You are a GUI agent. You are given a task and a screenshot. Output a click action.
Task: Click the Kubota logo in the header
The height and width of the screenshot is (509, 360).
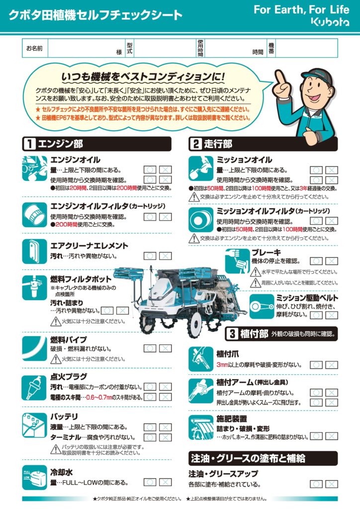[x=331, y=22]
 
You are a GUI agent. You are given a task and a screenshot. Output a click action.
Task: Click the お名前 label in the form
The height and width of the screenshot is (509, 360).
[x=34, y=48]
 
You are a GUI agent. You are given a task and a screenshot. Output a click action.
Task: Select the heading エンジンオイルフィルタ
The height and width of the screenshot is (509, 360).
[x=90, y=206]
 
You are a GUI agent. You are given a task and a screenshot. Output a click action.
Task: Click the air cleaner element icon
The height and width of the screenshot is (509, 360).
[x=34, y=251]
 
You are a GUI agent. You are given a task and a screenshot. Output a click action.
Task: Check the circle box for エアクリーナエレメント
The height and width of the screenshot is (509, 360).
[x=150, y=256]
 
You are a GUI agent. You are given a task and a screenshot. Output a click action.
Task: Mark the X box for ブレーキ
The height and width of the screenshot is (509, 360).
[x=332, y=261]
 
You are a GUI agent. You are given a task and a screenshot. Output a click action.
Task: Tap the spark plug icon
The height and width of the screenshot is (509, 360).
[x=34, y=388]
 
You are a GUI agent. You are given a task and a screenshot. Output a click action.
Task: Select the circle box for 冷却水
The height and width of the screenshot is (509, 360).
[x=150, y=482]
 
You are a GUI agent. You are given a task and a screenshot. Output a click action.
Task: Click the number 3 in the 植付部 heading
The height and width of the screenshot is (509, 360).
[x=232, y=334]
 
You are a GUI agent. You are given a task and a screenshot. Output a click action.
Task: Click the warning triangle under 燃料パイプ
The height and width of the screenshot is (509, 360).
[x=56, y=359]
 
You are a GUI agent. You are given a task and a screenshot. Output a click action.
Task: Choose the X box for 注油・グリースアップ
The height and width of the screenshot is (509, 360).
[x=332, y=484]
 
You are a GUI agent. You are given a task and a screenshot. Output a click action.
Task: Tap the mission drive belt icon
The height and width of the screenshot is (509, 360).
[x=262, y=307]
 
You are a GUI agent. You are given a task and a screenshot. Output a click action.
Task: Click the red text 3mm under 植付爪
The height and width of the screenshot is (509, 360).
[x=222, y=365]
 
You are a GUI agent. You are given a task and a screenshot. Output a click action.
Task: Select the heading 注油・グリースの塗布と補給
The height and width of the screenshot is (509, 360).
[x=248, y=458]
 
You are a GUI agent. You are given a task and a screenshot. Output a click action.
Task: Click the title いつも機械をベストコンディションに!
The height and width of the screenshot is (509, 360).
[x=143, y=77]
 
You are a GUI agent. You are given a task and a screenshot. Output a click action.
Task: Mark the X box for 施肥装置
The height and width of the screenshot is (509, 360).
[x=332, y=436]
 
